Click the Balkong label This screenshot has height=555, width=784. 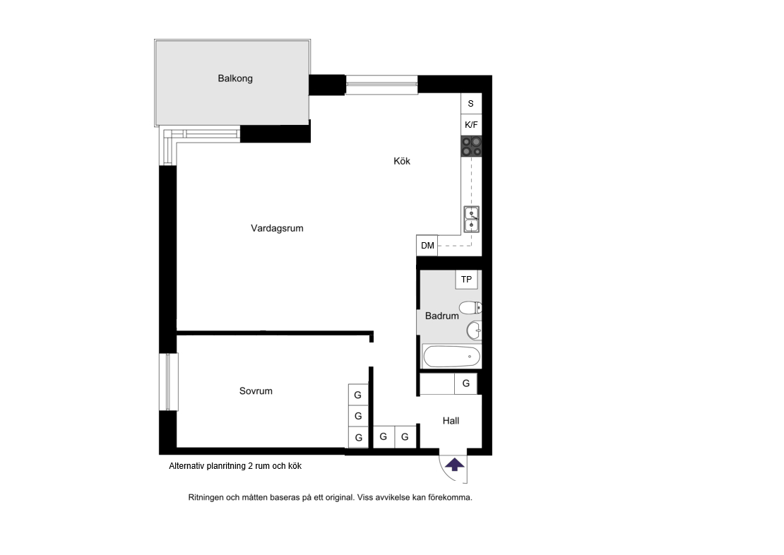pyautogui.click(x=235, y=78)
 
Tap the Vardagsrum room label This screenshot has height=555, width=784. pyautogui.click(x=277, y=229)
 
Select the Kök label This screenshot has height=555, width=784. pyautogui.click(x=401, y=161)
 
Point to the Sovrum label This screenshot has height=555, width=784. pyautogui.click(x=256, y=391)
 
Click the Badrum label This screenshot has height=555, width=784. pyautogui.click(x=441, y=316)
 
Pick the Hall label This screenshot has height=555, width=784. pyautogui.click(x=451, y=421)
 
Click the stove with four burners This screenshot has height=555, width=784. pyautogui.click(x=471, y=146)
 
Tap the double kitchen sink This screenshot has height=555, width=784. pyautogui.click(x=472, y=220)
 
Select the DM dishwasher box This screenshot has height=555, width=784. pyautogui.click(x=427, y=246)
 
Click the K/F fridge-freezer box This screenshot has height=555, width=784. pyautogui.click(x=471, y=124)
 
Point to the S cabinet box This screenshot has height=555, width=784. pyautogui.click(x=471, y=104)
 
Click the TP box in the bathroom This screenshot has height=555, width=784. pyautogui.click(x=466, y=280)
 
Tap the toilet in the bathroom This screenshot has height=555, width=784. pyautogui.click(x=470, y=307)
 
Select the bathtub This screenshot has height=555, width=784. pyautogui.click(x=451, y=357)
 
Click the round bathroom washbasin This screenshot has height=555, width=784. pyautogui.click(x=474, y=330)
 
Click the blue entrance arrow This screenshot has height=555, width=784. pyautogui.click(x=454, y=465)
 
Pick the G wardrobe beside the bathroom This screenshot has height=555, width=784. pyautogui.click(x=465, y=383)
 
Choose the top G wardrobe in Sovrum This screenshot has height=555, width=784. pyautogui.click(x=358, y=395)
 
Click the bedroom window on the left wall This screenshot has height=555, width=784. pyautogui.click(x=169, y=382)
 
